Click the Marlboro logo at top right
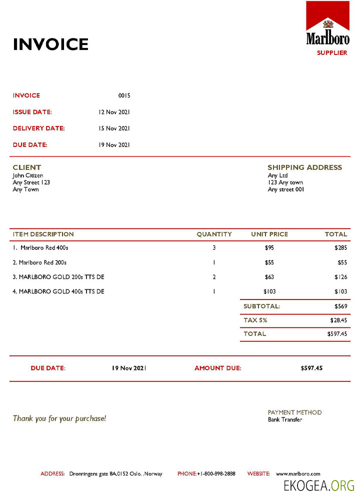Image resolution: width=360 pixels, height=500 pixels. pyautogui.click(x=327, y=24)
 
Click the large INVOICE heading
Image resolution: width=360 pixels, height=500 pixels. pyautogui.click(x=50, y=44)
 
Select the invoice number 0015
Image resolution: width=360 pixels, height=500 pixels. pyautogui.click(x=124, y=95)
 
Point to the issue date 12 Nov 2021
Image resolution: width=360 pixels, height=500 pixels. pyautogui.click(x=114, y=112)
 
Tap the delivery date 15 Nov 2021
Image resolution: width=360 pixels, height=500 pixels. pyautogui.click(x=114, y=128)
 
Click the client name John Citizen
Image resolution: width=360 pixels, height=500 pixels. pyautogui.click(x=28, y=175)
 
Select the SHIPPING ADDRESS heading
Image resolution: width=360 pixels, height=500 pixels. pyautogui.click(x=304, y=167)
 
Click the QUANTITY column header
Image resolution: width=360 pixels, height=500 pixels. pyautogui.click(x=214, y=234)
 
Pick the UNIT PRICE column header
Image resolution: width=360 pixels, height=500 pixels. pyautogui.click(x=269, y=234)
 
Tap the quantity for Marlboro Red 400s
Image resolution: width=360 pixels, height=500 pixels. pyautogui.click(x=214, y=247)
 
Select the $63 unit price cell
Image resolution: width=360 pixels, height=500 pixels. pyautogui.click(x=269, y=277)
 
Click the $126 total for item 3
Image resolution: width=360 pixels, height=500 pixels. pyautogui.click(x=340, y=277)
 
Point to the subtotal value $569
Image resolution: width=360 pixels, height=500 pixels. pyautogui.click(x=340, y=306)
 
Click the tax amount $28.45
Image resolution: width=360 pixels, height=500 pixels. pyautogui.click(x=338, y=320)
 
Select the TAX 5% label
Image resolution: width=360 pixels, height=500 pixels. pyautogui.click(x=255, y=320)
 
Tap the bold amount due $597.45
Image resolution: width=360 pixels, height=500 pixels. pyautogui.click(x=311, y=368)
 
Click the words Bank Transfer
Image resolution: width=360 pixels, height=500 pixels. pyautogui.click(x=285, y=419)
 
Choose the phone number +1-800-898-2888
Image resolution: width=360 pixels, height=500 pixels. pyautogui.click(x=216, y=473)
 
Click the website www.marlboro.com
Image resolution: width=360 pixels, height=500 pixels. pyautogui.click(x=298, y=473)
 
